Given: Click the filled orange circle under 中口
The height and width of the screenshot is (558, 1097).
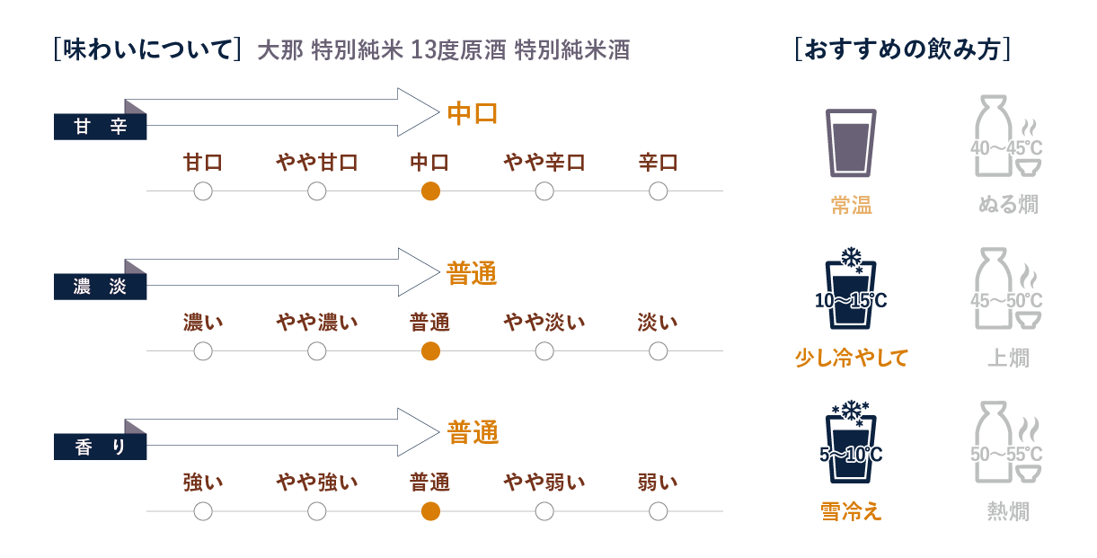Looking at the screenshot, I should tap(430, 191).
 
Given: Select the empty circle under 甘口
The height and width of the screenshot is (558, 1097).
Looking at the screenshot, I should tap(203, 191).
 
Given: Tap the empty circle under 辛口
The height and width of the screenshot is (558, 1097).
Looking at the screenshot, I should tap(658, 191).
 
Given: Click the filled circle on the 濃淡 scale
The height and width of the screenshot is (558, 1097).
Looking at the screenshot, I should tap(430, 351).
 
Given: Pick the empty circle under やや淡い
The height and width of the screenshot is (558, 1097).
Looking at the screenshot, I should tap(544, 351).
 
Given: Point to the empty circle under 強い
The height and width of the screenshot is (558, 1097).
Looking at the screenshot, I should tap(203, 511).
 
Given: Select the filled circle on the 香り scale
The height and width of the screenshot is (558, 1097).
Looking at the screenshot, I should tap(430, 511).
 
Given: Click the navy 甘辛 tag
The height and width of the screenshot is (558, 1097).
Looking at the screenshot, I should tap(100, 127).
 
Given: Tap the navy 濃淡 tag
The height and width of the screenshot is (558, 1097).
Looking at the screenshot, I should tap(100, 287).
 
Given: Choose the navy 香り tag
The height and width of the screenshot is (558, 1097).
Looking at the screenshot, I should tap(100, 447).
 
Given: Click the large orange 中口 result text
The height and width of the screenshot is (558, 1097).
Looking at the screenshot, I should tap(473, 114).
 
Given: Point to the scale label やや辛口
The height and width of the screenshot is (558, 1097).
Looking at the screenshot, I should tap(544, 163).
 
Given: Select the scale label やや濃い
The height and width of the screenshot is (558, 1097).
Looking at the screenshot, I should tap(316, 323).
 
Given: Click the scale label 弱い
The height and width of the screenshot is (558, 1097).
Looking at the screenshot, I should tap(658, 483).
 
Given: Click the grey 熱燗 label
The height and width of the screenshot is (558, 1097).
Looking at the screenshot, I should tap(1007, 512).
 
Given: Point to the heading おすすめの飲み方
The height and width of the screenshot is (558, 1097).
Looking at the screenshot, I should tap(904, 49).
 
